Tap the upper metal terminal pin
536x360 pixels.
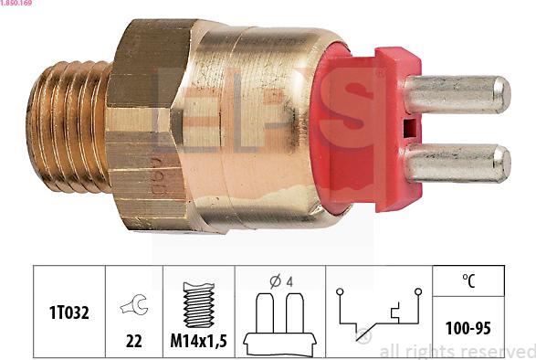coord(457,95)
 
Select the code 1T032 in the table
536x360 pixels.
coord(69,312)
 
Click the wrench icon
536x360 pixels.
coord(134,308)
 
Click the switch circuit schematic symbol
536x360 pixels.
coord(376,316)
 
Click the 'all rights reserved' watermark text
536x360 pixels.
coord(457,351)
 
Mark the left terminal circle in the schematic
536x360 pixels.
coord(339,292)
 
